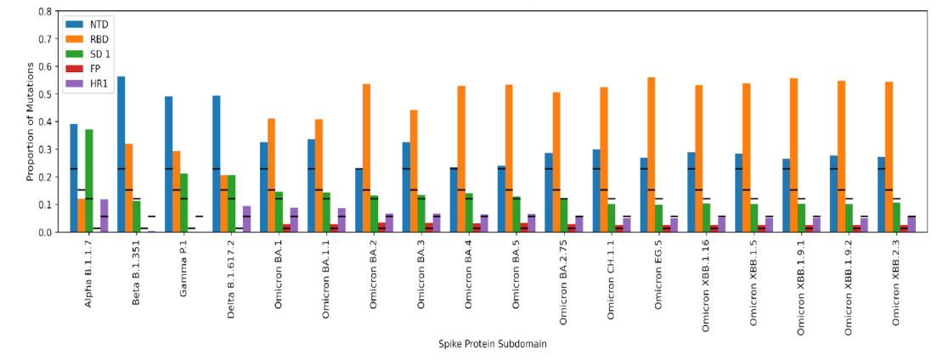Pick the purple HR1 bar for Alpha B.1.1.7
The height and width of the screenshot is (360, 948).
[x=104, y=216]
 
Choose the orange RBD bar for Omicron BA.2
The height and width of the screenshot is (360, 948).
[x=366, y=158]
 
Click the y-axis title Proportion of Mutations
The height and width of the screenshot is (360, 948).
[x=30, y=122]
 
